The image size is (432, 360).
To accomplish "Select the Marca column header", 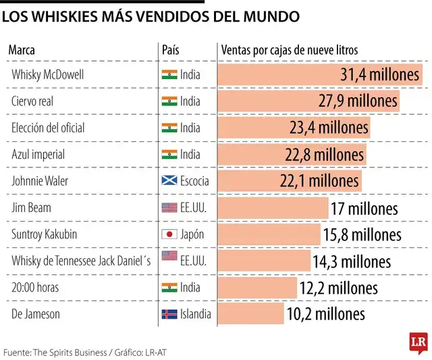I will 22,50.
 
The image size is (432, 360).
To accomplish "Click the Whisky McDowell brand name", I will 47,75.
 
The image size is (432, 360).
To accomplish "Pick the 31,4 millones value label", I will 380,75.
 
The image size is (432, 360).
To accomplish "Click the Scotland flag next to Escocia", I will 169,181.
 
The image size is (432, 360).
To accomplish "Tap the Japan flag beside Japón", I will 169,234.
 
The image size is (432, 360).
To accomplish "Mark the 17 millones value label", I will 364,208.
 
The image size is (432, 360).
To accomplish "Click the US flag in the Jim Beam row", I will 169,208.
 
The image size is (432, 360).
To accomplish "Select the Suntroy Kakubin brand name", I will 45,234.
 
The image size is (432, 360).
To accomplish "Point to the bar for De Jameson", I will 251,313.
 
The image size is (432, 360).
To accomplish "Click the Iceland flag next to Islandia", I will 169,314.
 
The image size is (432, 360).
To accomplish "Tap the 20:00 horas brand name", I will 35,287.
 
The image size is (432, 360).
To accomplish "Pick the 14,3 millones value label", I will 351,261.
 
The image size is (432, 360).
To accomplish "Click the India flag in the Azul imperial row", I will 169,155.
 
